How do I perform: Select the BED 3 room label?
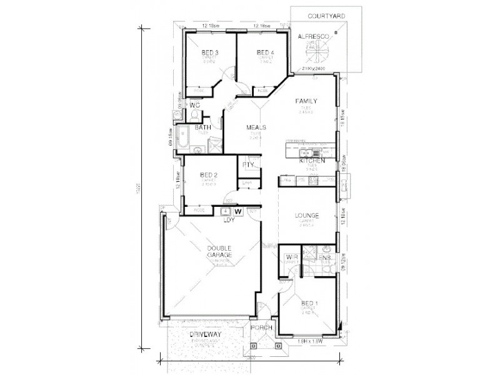[x=210, y=52]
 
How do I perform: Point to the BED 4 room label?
[x=265, y=52]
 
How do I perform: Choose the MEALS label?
[x=256, y=127]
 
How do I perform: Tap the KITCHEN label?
[x=312, y=161]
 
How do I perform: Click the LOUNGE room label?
[x=307, y=216]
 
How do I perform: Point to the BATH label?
[x=202, y=127]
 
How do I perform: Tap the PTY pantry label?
[x=247, y=165]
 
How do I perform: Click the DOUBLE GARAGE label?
[x=219, y=251]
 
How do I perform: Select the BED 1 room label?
[x=309, y=304]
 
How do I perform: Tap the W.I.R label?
[x=291, y=257]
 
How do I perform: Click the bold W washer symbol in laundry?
[x=237, y=211]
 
